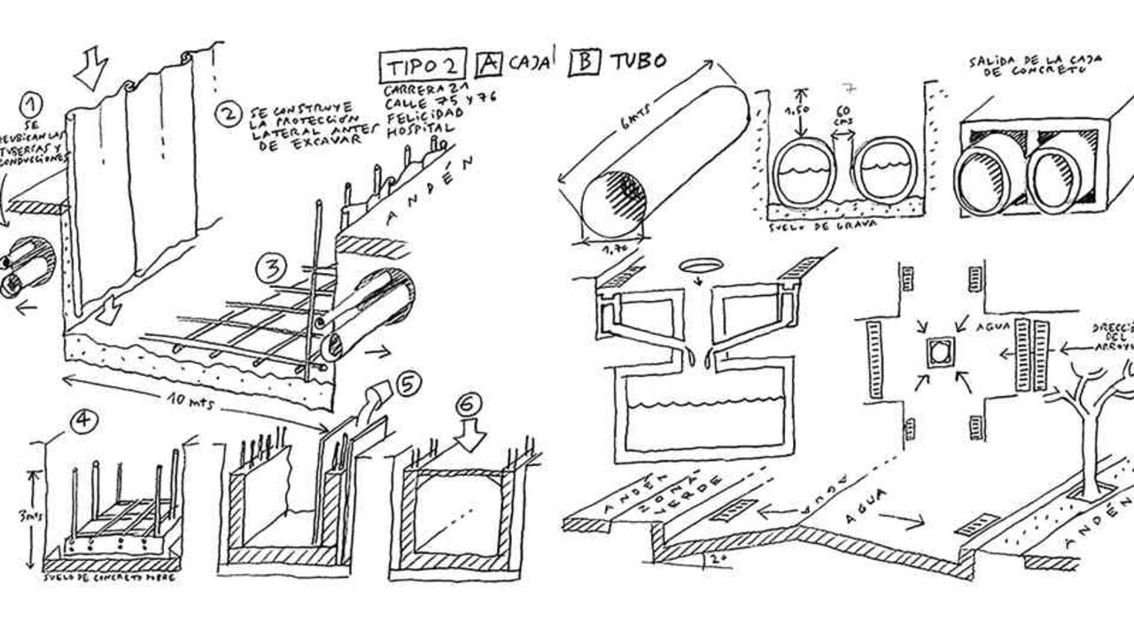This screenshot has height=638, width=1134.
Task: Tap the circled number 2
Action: (x=229, y=114)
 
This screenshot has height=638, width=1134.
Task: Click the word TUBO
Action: (x=637, y=60)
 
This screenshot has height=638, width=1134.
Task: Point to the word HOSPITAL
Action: (x=417, y=130)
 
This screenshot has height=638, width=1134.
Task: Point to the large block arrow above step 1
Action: (x=91, y=68)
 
